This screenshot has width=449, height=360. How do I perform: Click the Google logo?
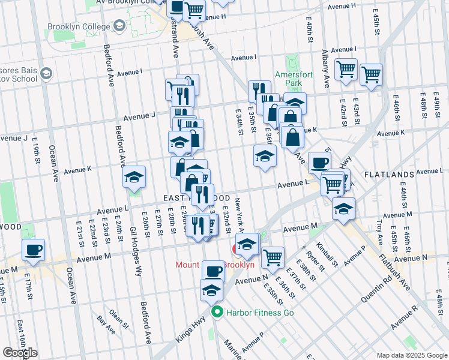[20, 352]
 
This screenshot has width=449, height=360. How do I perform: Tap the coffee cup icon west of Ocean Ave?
[33, 249]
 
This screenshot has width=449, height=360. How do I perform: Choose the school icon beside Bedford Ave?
[134, 177]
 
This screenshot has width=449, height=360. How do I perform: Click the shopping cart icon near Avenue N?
[273, 257]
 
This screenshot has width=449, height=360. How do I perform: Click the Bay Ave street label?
[106, 323]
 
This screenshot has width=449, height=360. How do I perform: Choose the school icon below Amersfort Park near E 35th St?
[265, 156]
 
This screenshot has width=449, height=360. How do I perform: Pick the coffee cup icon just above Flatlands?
[319, 162]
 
